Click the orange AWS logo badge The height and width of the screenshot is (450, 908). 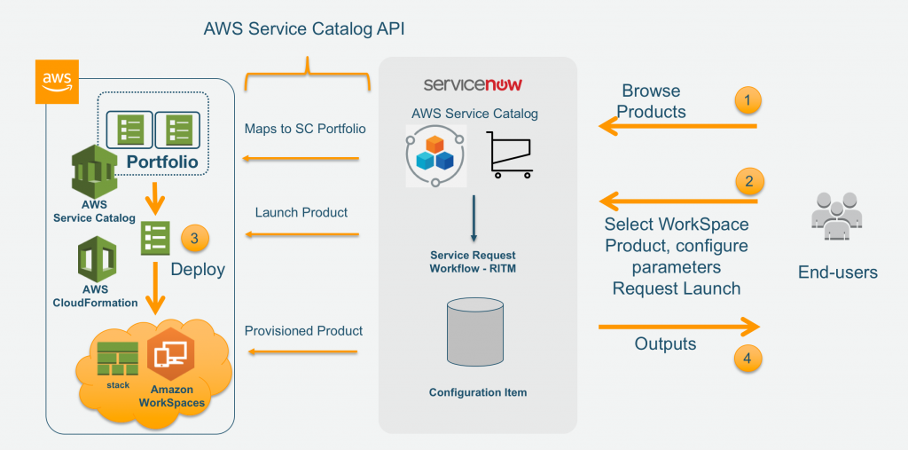(57, 82)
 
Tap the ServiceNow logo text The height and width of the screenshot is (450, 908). (473, 84)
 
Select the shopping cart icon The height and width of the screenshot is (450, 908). (510, 154)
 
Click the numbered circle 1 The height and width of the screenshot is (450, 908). (748, 100)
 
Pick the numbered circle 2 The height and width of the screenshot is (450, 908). (749, 181)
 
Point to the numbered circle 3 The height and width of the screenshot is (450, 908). (194, 239)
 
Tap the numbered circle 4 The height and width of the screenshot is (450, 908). (748, 358)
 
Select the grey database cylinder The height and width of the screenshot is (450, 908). (474, 332)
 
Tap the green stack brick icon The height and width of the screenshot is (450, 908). (118, 359)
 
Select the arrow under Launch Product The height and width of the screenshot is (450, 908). (301, 235)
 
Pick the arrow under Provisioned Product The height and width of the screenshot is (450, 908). (302, 351)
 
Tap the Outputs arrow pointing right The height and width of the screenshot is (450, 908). (678, 327)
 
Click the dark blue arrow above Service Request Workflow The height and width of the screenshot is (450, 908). (474, 218)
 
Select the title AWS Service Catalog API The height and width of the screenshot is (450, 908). (304, 29)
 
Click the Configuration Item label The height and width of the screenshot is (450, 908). (478, 392)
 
